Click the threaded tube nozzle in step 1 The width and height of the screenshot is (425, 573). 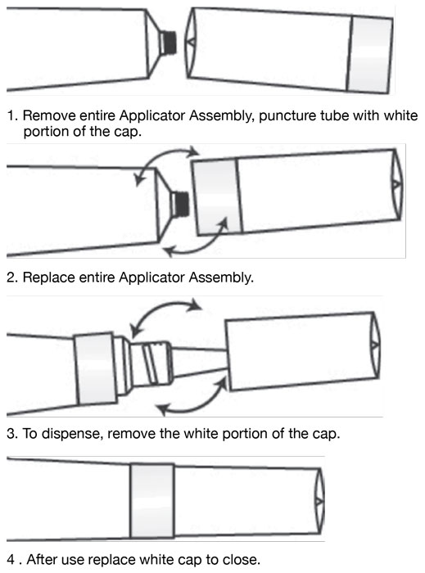[x=169, y=42]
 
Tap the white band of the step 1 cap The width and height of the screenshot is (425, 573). [x=369, y=54]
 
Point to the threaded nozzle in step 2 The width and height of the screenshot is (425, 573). [x=181, y=203]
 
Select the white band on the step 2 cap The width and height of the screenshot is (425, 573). [x=217, y=197]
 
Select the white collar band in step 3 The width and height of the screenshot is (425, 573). [x=96, y=368]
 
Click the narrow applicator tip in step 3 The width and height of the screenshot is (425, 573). [x=199, y=362]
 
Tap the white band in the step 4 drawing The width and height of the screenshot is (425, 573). [x=152, y=501]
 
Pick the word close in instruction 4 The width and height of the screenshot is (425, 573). [x=240, y=559]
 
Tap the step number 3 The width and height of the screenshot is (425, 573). [x=11, y=434]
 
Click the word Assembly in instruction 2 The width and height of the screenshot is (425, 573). [x=221, y=277]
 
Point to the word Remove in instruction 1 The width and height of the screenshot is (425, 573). [x=49, y=115]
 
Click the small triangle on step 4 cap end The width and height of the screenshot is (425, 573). [x=319, y=501]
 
